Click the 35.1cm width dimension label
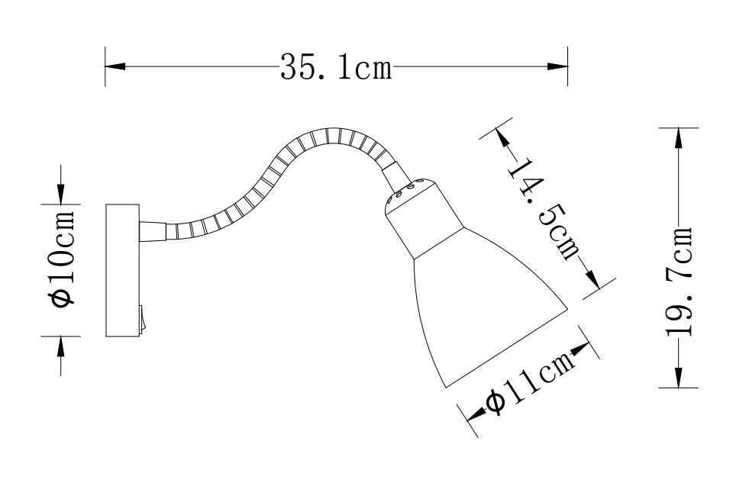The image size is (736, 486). coord(336,68)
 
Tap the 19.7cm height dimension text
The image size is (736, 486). coord(679,282)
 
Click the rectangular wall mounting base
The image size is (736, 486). coord(122,270)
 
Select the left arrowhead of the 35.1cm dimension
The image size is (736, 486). coord(115,67)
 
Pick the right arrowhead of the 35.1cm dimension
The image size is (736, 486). coord(558,67)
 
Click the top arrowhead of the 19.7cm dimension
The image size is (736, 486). coord(678,138)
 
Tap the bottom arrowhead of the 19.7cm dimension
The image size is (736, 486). coord(678,378)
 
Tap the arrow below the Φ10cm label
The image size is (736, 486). coord(62,346)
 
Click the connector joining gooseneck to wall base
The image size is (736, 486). coord(153,229)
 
